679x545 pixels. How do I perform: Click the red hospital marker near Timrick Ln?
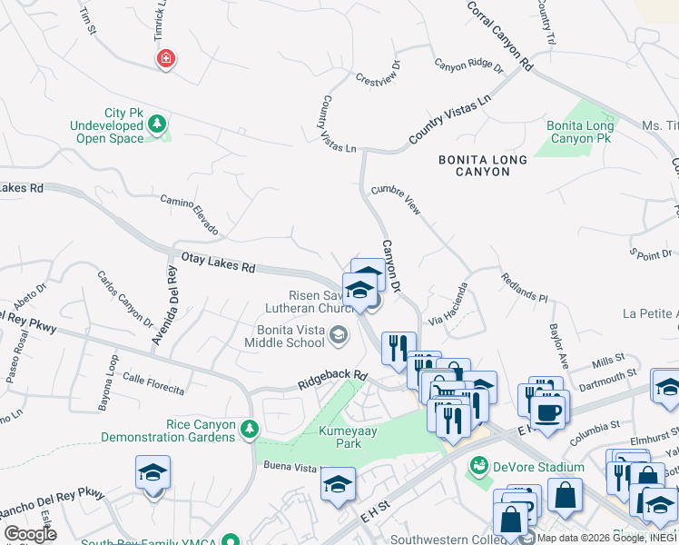pos(165,60)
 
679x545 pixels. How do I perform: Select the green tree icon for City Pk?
pos(158,123)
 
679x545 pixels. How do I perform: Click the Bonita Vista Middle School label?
pos(284,336)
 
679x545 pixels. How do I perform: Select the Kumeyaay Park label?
pos(339,437)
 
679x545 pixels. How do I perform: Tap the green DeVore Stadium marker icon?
pos(478,467)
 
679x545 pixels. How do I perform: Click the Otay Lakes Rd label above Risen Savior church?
pos(219,263)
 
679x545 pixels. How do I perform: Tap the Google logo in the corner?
pos(31,534)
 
